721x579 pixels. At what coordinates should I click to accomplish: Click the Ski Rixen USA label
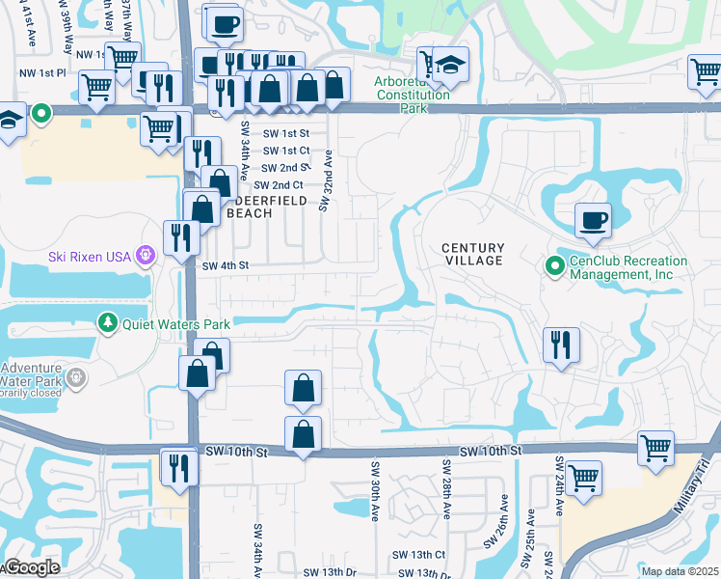click(x=91, y=256)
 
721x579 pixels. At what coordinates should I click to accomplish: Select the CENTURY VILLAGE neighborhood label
click(x=472, y=255)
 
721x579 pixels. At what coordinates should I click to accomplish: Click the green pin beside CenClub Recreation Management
click(x=554, y=264)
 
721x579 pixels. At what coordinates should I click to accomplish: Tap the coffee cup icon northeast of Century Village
click(x=593, y=221)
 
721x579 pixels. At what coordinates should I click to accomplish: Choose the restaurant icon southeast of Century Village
click(x=560, y=345)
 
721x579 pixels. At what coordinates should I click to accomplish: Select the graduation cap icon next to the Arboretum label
click(x=449, y=64)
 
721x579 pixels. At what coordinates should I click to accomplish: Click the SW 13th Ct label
click(x=419, y=555)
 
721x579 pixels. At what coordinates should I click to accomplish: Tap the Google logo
click(x=33, y=568)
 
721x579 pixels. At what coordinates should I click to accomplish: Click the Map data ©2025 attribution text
click(x=681, y=571)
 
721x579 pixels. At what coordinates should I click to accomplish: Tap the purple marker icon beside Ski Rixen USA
click(x=146, y=256)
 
